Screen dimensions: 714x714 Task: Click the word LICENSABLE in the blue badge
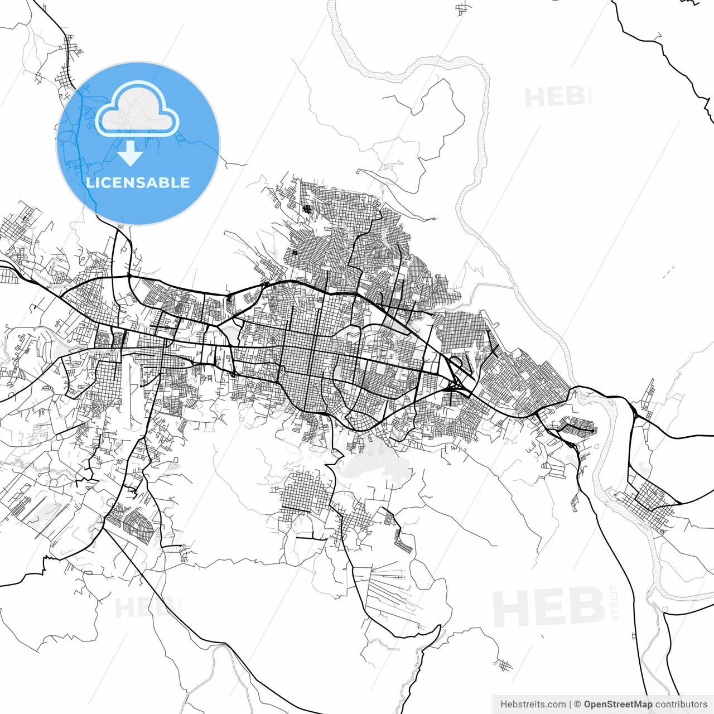138,182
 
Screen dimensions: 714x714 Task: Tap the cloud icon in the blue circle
137,110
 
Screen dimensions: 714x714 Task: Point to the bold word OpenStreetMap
617,705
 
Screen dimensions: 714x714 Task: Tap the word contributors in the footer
681,705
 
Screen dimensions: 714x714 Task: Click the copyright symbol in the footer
578,705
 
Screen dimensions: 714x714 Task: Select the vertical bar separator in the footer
570,705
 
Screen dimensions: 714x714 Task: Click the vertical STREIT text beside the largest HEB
615,602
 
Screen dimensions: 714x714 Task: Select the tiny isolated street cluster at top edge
462,9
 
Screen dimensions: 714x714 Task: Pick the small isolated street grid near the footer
505,665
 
